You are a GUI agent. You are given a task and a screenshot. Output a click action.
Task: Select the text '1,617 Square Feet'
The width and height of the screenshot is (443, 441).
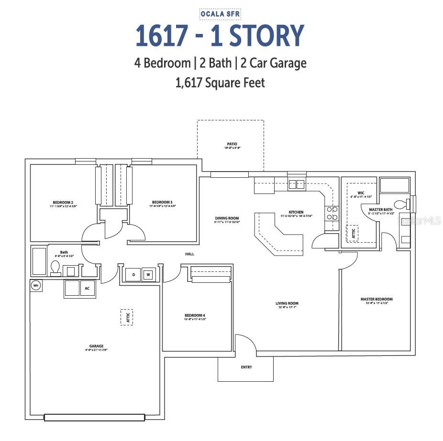point(220,83)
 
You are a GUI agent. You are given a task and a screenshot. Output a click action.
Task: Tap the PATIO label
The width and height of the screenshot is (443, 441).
point(232,143)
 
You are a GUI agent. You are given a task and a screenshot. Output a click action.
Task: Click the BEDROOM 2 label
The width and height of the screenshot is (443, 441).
point(62,202)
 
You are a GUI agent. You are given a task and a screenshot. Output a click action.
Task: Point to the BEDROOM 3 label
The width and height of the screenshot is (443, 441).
point(162,202)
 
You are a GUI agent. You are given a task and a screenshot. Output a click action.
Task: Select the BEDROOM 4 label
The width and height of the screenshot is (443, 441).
point(195,315)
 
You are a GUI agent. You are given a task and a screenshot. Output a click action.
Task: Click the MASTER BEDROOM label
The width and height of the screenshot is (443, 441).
point(376,300)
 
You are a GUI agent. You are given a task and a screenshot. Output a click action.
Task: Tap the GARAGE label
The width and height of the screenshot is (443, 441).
point(96,346)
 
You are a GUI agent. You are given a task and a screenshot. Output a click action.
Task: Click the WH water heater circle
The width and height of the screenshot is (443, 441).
point(35,285)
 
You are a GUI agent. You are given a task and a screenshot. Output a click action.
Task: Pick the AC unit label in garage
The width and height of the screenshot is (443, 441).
point(87,289)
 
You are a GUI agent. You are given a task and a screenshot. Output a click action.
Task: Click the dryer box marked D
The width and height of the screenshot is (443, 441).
point(133,275)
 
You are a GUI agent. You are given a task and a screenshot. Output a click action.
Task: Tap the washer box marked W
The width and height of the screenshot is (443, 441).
point(148,275)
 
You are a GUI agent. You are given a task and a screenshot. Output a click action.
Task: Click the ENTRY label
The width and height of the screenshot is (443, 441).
point(246,367)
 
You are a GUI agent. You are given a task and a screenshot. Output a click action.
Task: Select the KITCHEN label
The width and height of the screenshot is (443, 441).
point(296,212)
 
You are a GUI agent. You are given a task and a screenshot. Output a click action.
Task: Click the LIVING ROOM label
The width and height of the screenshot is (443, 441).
point(287,303)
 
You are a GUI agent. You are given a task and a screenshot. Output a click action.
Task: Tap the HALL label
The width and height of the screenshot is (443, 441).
point(190,254)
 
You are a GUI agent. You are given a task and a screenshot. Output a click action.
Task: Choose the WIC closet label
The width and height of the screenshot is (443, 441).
point(361,193)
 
